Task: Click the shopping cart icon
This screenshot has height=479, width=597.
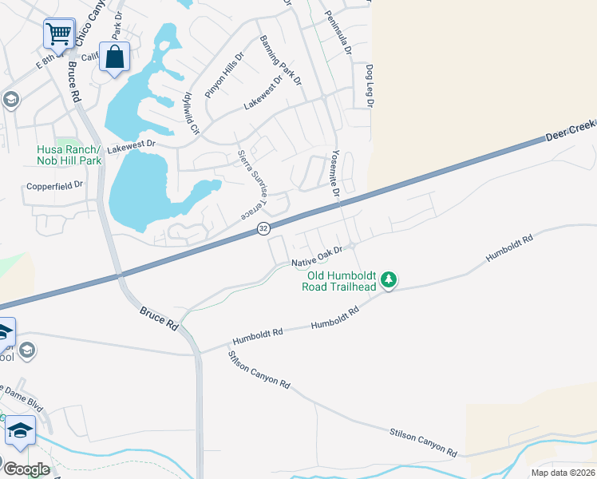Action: (x=59, y=34)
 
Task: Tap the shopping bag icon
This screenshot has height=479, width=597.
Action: (x=115, y=57)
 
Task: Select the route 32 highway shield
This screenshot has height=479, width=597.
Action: (x=263, y=229)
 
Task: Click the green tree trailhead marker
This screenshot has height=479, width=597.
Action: (x=389, y=279)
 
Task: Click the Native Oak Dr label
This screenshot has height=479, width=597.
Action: (x=316, y=255)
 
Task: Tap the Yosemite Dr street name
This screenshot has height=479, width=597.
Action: (x=336, y=173)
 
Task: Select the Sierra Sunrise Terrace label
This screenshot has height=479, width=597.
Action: (x=255, y=184)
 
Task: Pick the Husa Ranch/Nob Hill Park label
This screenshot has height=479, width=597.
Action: (x=69, y=155)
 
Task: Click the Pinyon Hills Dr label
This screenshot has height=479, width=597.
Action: (x=223, y=75)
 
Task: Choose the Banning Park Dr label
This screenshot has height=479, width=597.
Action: (x=280, y=60)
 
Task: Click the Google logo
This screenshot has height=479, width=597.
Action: (x=26, y=469)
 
